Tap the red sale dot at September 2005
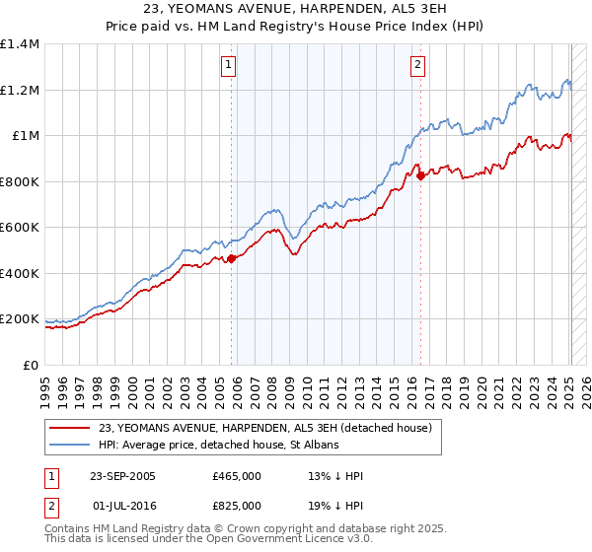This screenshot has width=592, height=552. (x=232, y=258)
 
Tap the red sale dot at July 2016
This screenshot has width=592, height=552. (x=421, y=176)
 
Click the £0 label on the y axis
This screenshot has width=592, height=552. (x=32, y=366)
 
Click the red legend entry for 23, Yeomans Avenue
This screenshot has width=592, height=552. (x=264, y=428)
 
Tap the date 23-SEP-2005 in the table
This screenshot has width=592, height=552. (x=122, y=476)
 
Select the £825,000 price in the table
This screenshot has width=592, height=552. (x=237, y=506)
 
